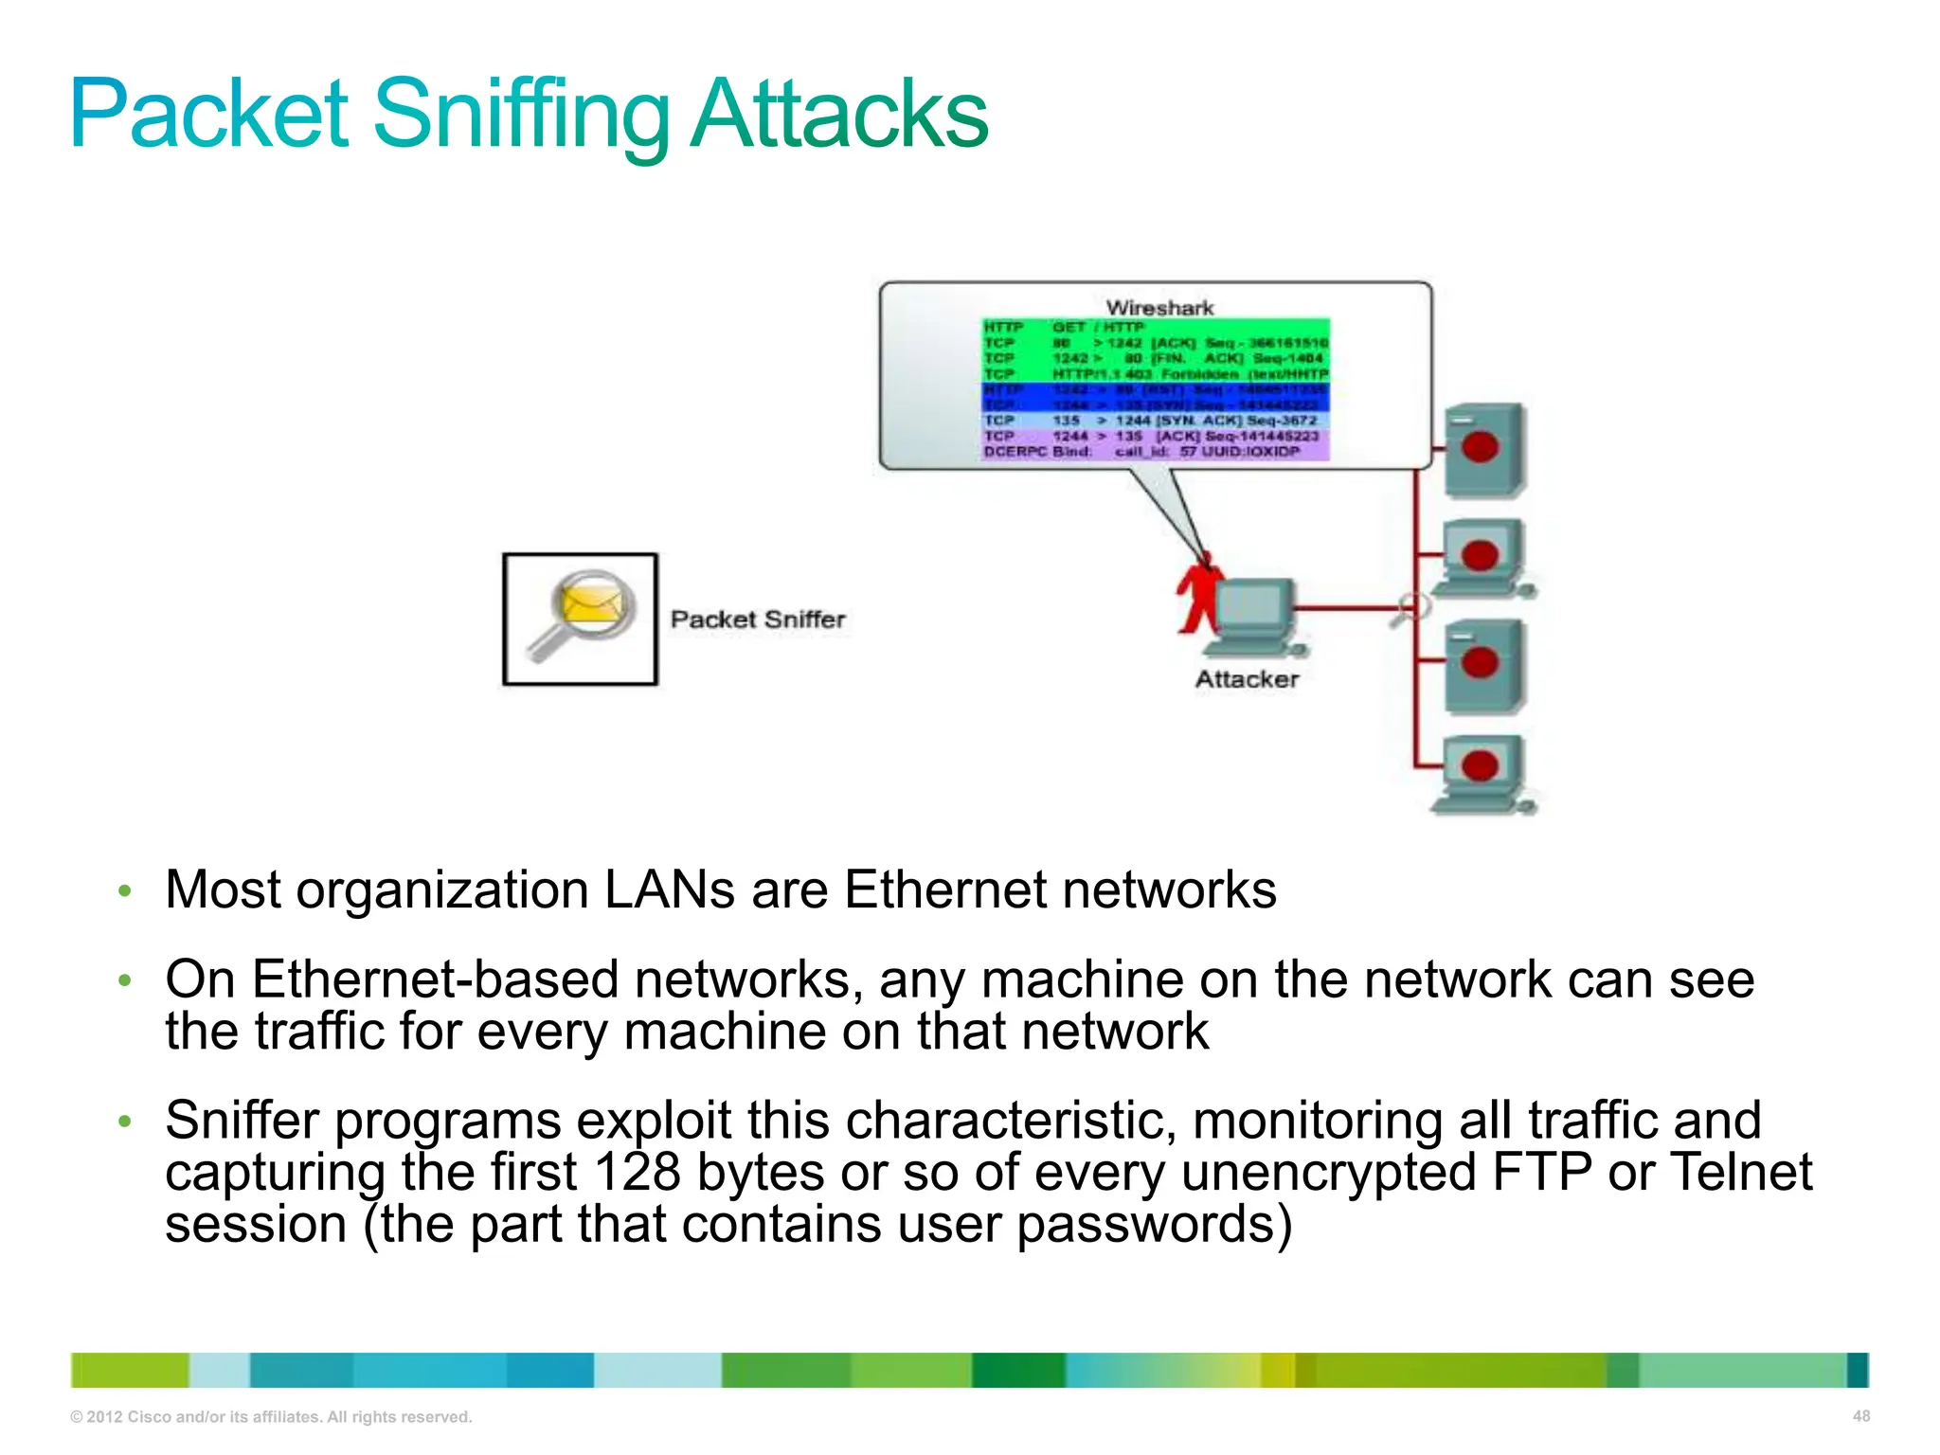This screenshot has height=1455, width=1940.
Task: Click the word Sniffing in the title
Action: pos(521,116)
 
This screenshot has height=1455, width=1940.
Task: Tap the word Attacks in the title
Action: pos(838,116)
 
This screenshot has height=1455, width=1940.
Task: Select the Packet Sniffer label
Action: pos(758,620)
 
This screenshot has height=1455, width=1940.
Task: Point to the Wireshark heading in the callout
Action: pos(1159,308)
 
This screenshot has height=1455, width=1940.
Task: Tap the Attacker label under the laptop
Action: pos(1247,679)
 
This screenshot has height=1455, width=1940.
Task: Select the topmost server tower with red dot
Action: pos(1483,450)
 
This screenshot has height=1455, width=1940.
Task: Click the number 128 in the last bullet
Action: pos(637,1173)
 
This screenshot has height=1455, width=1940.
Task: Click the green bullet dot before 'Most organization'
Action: pos(124,890)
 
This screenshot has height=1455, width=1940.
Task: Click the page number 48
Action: pos(1860,1416)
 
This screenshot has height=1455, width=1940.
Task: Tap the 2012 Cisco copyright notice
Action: pos(271,1417)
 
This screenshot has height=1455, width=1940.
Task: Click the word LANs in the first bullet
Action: pos(669,890)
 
